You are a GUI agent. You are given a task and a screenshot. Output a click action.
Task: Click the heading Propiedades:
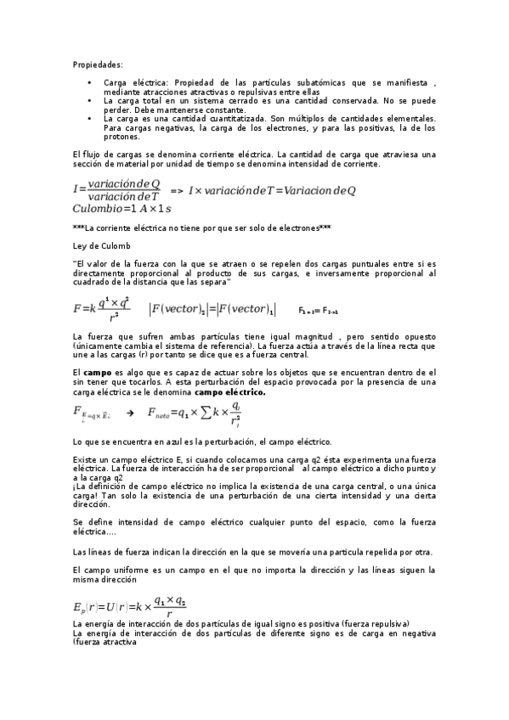[98, 65]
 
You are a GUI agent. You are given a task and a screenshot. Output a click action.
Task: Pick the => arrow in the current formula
[177, 191]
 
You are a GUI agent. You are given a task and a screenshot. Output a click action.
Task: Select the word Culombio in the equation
[96, 209]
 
